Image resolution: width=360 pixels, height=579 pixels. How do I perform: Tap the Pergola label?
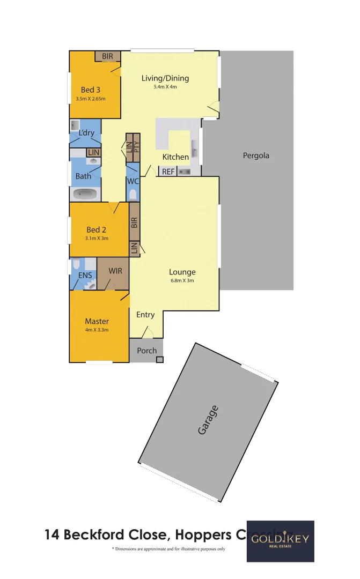click(256, 156)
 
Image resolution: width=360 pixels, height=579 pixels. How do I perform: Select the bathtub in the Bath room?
click(86, 194)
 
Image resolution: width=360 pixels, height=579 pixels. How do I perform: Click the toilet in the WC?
click(133, 194)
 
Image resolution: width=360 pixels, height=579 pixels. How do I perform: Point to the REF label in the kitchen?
click(168, 172)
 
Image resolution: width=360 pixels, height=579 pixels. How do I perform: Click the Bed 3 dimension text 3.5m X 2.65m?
click(91, 99)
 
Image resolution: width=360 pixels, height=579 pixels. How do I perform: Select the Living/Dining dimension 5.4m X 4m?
click(165, 87)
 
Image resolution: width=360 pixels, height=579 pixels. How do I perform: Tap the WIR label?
click(115, 271)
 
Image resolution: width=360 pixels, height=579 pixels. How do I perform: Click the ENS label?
click(85, 276)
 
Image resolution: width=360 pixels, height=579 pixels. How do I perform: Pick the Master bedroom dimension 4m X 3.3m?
click(97, 330)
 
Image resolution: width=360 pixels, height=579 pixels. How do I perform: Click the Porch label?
click(146, 351)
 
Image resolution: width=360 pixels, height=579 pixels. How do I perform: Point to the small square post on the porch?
click(159, 359)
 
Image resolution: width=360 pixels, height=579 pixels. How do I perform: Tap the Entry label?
click(145, 315)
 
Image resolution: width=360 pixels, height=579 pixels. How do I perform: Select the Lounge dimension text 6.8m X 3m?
click(182, 280)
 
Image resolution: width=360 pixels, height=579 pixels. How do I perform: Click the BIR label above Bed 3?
click(107, 56)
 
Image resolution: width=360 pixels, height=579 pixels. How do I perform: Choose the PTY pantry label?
click(136, 146)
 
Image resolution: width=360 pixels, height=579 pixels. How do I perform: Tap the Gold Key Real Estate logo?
click(280, 541)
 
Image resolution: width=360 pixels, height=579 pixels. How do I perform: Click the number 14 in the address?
click(53, 535)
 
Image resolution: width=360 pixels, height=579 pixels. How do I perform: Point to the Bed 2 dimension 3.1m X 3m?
click(97, 238)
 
